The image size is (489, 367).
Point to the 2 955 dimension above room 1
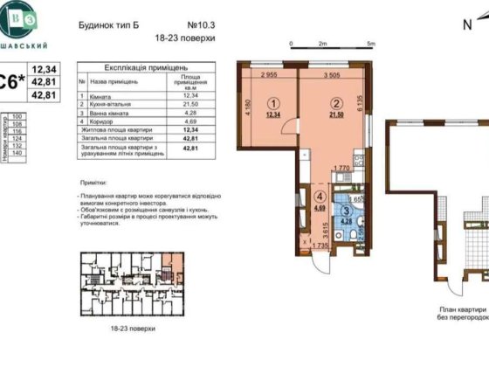pos(269,75)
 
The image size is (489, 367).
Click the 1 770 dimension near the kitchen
pos(342,166)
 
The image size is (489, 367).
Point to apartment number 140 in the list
pos(15,152)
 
